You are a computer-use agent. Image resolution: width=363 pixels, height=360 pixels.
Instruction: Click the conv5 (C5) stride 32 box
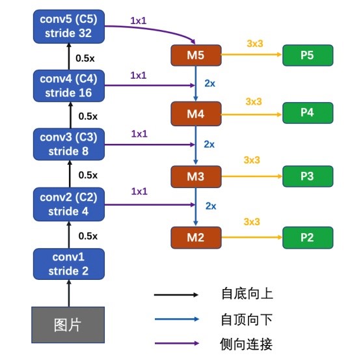[69, 27]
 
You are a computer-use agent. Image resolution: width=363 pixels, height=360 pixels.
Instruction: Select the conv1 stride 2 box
[69, 264]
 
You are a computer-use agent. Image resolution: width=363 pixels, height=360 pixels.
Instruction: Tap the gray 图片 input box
[68, 325]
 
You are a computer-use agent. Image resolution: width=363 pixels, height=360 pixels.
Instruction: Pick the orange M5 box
[196, 55]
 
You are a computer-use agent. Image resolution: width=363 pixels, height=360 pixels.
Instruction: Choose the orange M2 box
[196, 238]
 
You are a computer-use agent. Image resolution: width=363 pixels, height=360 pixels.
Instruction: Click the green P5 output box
[308, 55]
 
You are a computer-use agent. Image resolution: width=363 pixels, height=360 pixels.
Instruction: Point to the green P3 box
[308, 176]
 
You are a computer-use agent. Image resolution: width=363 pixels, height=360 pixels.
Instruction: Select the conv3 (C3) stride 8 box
[69, 144]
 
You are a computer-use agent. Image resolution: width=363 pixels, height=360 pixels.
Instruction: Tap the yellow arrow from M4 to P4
[252, 114]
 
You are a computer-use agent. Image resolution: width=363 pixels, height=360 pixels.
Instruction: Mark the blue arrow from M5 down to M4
[196, 83]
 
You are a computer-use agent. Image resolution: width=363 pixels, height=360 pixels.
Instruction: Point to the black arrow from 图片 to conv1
[69, 294]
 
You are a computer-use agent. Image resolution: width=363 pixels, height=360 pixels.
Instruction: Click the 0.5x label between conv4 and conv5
[85, 58]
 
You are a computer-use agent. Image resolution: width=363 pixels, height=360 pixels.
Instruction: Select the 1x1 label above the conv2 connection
[139, 191]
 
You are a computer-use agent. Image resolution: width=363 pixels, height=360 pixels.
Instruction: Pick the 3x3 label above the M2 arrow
[252, 222]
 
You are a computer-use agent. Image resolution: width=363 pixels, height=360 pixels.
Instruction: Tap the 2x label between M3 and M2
[211, 206]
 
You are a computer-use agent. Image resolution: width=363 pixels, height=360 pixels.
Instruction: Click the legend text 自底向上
[247, 294]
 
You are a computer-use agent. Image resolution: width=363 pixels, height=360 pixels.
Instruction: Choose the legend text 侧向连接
[247, 344]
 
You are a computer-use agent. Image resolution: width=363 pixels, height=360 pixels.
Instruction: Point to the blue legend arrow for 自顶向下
[177, 319]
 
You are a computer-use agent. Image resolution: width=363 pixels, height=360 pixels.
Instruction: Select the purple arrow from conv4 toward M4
[150, 85]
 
